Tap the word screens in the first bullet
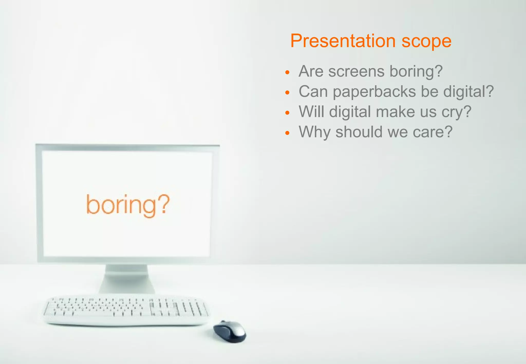[x=356, y=71]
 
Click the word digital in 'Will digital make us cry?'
[x=350, y=112]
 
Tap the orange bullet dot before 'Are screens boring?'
[x=287, y=73]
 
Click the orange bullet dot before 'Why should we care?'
[x=287, y=133]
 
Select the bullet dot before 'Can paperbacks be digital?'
[x=287, y=93]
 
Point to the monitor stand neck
[x=127, y=279]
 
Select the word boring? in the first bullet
[x=416, y=71]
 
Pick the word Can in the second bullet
[x=313, y=91]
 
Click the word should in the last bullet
[x=359, y=132]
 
